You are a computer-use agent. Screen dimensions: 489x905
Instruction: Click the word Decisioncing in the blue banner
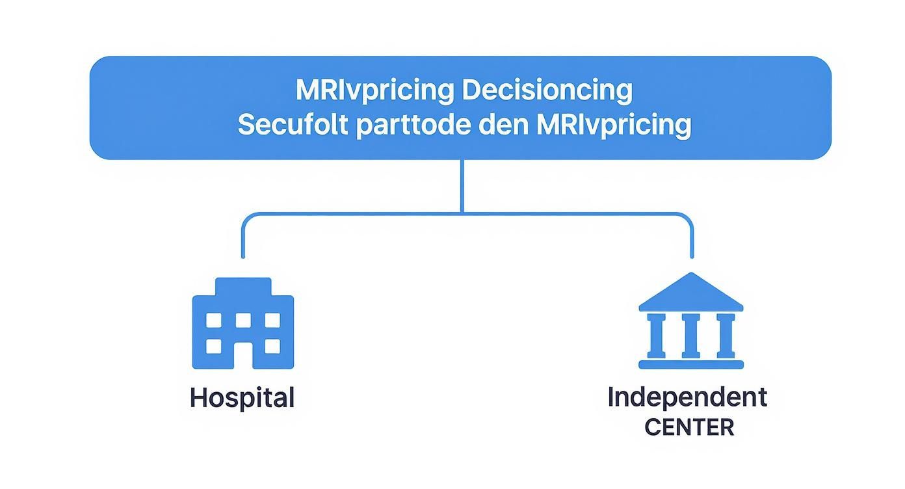547,90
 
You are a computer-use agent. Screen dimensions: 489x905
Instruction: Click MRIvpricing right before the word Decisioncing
374,90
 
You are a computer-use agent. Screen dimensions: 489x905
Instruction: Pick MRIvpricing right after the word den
614,125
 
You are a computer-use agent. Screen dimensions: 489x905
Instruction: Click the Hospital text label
242,397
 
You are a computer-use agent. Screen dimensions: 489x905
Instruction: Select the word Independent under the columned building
687,397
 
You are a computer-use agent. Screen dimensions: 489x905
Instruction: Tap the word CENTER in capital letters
689,427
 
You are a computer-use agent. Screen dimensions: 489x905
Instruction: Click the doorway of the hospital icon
243,356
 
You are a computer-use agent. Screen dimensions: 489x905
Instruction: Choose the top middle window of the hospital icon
243,320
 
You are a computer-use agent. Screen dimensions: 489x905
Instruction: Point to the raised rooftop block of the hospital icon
243,287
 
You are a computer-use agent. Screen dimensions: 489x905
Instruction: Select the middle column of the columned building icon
690,336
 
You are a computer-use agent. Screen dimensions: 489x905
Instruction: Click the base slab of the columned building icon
690,364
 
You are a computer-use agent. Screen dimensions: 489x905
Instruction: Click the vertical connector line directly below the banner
462,185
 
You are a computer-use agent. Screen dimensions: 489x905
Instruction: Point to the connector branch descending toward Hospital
243,241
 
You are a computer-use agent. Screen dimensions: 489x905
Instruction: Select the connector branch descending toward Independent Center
691,241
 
